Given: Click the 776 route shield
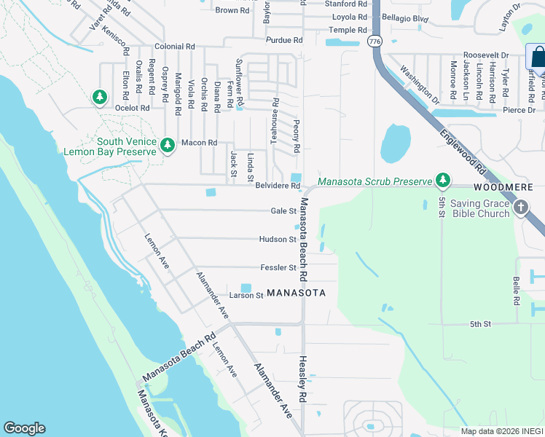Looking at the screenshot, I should click(375, 42).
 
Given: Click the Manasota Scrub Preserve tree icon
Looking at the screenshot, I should click(442, 180).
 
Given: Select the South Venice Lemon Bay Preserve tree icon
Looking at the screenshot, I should click(168, 146).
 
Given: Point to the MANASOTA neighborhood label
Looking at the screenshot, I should click(295, 293).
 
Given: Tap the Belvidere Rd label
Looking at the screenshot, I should click(278, 186).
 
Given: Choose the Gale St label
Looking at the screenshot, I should click(283, 211).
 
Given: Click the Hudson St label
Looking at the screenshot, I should click(278, 239).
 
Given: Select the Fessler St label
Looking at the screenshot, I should click(278, 267).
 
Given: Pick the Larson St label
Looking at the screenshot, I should click(246, 296).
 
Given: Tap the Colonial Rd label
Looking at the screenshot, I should click(179, 46).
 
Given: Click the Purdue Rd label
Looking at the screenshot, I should click(283, 40).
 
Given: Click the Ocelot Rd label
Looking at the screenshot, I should click(132, 108).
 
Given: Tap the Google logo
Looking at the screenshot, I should click(24, 428).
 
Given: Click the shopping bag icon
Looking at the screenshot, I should click(537, 56).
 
